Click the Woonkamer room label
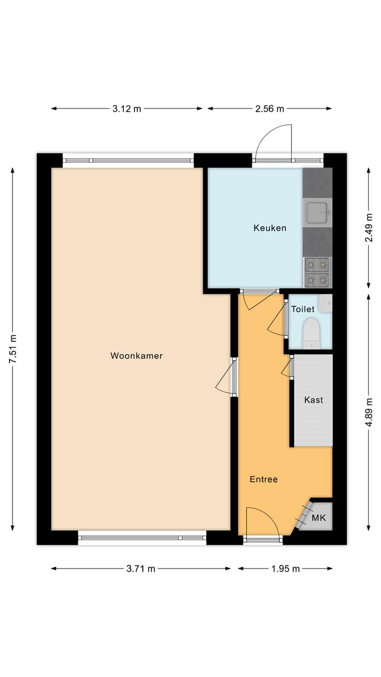click(x=137, y=356)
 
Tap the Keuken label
click(x=270, y=228)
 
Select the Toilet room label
click(x=303, y=309)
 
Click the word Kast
click(x=313, y=400)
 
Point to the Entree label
click(x=264, y=479)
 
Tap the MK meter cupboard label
click(x=319, y=518)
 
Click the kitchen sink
click(x=317, y=213)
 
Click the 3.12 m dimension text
click(x=127, y=109)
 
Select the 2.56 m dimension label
click(x=269, y=109)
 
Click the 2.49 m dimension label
click(x=369, y=228)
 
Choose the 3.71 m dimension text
click(x=141, y=569)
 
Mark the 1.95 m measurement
click(x=285, y=569)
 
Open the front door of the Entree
click(x=262, y=523)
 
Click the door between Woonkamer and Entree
click(x=226, y=377)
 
